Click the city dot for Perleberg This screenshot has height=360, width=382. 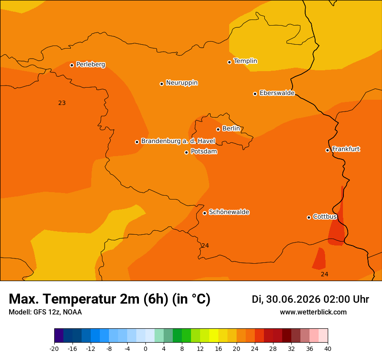tap(72, 65)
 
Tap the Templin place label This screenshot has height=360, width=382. tap(245, 61)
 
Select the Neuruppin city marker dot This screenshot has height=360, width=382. tap(161, 84)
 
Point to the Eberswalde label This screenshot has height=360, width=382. tap(277, 93)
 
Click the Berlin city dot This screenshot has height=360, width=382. tap(218, 130)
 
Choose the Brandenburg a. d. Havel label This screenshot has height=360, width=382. tap(178, 141)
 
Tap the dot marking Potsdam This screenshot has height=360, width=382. tap(186, 152)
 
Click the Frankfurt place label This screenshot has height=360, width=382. tap(346, 149)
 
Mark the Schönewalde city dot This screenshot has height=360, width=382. tap(204, 213)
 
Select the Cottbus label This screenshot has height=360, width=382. tap(325, 216)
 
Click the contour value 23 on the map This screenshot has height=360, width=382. tap(62, 103)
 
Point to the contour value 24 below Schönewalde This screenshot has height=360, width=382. tap(205, 245)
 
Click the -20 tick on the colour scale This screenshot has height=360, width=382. tap(54, 349)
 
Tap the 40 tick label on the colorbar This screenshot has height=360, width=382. tap(328, 349)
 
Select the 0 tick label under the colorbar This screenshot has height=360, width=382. tap(145, 349)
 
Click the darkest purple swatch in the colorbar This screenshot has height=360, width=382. tap(59, 335)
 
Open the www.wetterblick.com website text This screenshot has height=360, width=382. tap(313, 312)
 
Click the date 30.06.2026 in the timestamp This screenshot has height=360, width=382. tap(293, 299)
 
